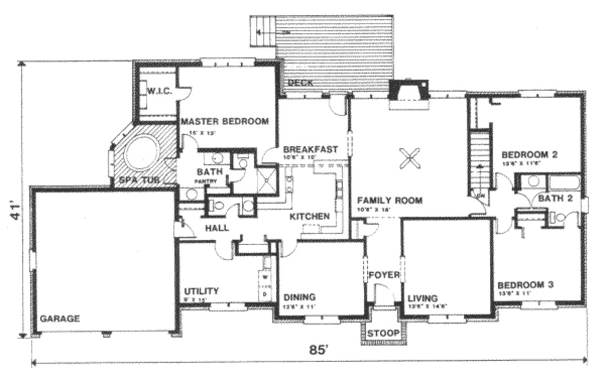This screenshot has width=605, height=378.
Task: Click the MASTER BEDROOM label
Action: pos(225,122)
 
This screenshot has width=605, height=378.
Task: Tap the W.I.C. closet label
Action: pos(159,91)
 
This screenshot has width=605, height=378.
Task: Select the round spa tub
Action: pos(142,154)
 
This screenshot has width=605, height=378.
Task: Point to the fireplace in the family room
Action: pos(408,93)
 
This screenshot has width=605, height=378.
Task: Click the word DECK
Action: pos(300,83)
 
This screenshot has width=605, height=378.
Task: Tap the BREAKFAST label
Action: pos(310,149)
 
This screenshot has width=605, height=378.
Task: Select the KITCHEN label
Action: pos(309,217)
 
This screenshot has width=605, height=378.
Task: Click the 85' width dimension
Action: pos(318,350)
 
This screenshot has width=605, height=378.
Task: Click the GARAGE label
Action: pos(60,318)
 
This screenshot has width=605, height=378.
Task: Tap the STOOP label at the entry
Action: pos(383,334)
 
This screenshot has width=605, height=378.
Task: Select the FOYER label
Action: pos(384,275)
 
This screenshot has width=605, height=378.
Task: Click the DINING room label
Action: pos(300,297)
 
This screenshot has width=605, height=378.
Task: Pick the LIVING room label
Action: pos(422,298)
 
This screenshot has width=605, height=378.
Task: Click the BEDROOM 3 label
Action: pos(525,285)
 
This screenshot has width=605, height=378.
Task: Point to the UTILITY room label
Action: pos(201,291)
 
